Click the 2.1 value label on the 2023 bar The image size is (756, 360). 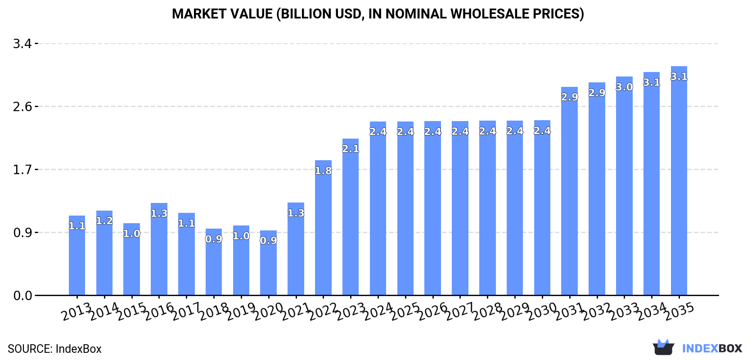point(351,149)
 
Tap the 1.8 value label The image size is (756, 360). point(323,171)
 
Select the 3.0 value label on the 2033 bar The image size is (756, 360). point(624,87)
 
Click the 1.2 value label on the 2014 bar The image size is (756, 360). point(104,221)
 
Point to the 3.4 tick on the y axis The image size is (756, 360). point(22,44)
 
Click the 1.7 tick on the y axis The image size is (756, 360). point(22,170)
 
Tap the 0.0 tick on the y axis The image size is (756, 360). point(22,296)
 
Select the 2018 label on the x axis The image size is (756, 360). point(213,311)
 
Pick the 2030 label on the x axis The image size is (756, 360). point(542,311)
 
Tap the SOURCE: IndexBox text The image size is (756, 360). point(54,349)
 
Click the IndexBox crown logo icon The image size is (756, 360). point(663,347)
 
